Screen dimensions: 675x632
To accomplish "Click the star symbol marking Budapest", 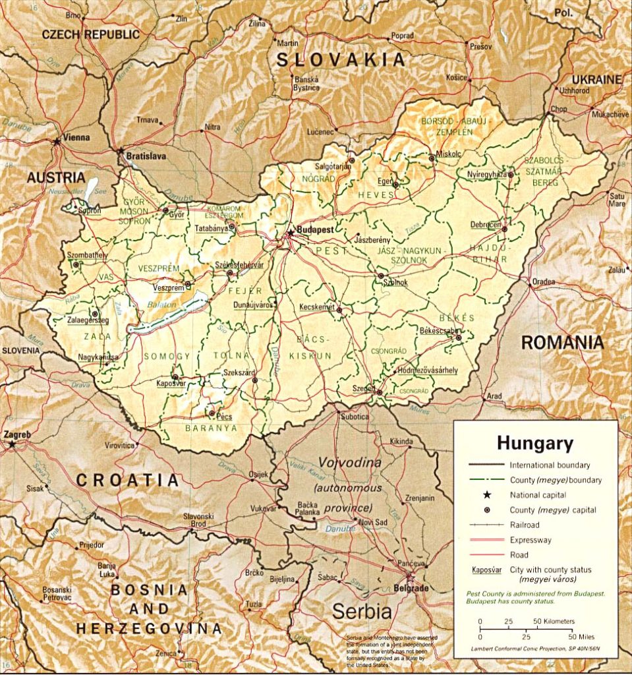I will click(x=289, y=232).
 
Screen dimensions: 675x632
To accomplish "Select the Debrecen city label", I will click(x=486, y=225).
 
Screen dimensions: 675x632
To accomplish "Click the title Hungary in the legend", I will click(x=534, y=442).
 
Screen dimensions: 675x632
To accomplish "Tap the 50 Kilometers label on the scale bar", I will click(x=553, y=621).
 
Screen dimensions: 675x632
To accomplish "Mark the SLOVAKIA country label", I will click(x=340, y=60).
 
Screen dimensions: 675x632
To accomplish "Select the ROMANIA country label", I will click(x=562, y=342).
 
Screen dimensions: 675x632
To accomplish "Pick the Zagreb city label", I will click(x=17, y=435).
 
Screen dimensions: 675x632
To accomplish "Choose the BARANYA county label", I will click(x=211, y=428).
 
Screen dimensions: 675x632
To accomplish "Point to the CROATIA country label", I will click(x=127, y=481).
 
